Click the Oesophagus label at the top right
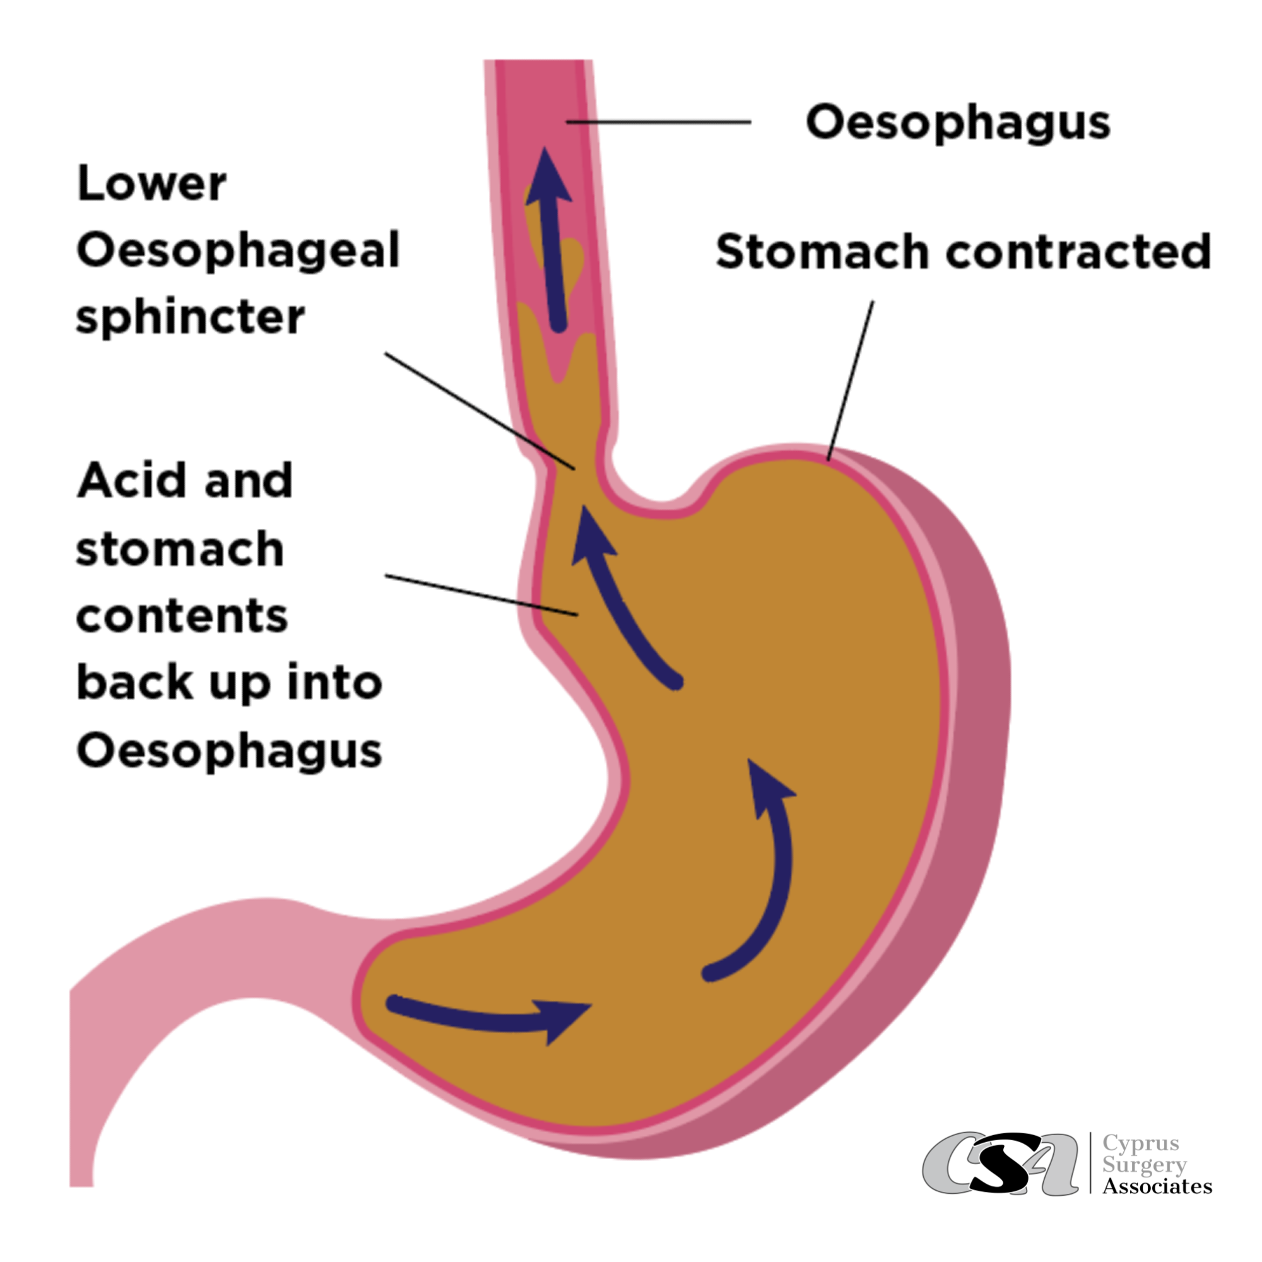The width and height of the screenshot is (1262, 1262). pyautogui.click(x=958, y=122)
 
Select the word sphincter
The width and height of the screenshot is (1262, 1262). pyautogui.click(x=190, y=318)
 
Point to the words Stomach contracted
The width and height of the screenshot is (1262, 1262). pyautogui.click(x=964, y=251)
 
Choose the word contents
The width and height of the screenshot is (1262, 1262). pyautogui.click(x=182, y=616)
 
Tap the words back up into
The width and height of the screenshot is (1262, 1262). pyautogui.click(x=229, y=683)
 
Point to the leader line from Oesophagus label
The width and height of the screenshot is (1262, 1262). pyautogui.click(x=658, y=122)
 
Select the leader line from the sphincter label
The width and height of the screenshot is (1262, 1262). pyautogui.click(x=480, y=411)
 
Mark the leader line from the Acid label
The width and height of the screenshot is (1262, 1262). pyautogui.click(x=481, y=594)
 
